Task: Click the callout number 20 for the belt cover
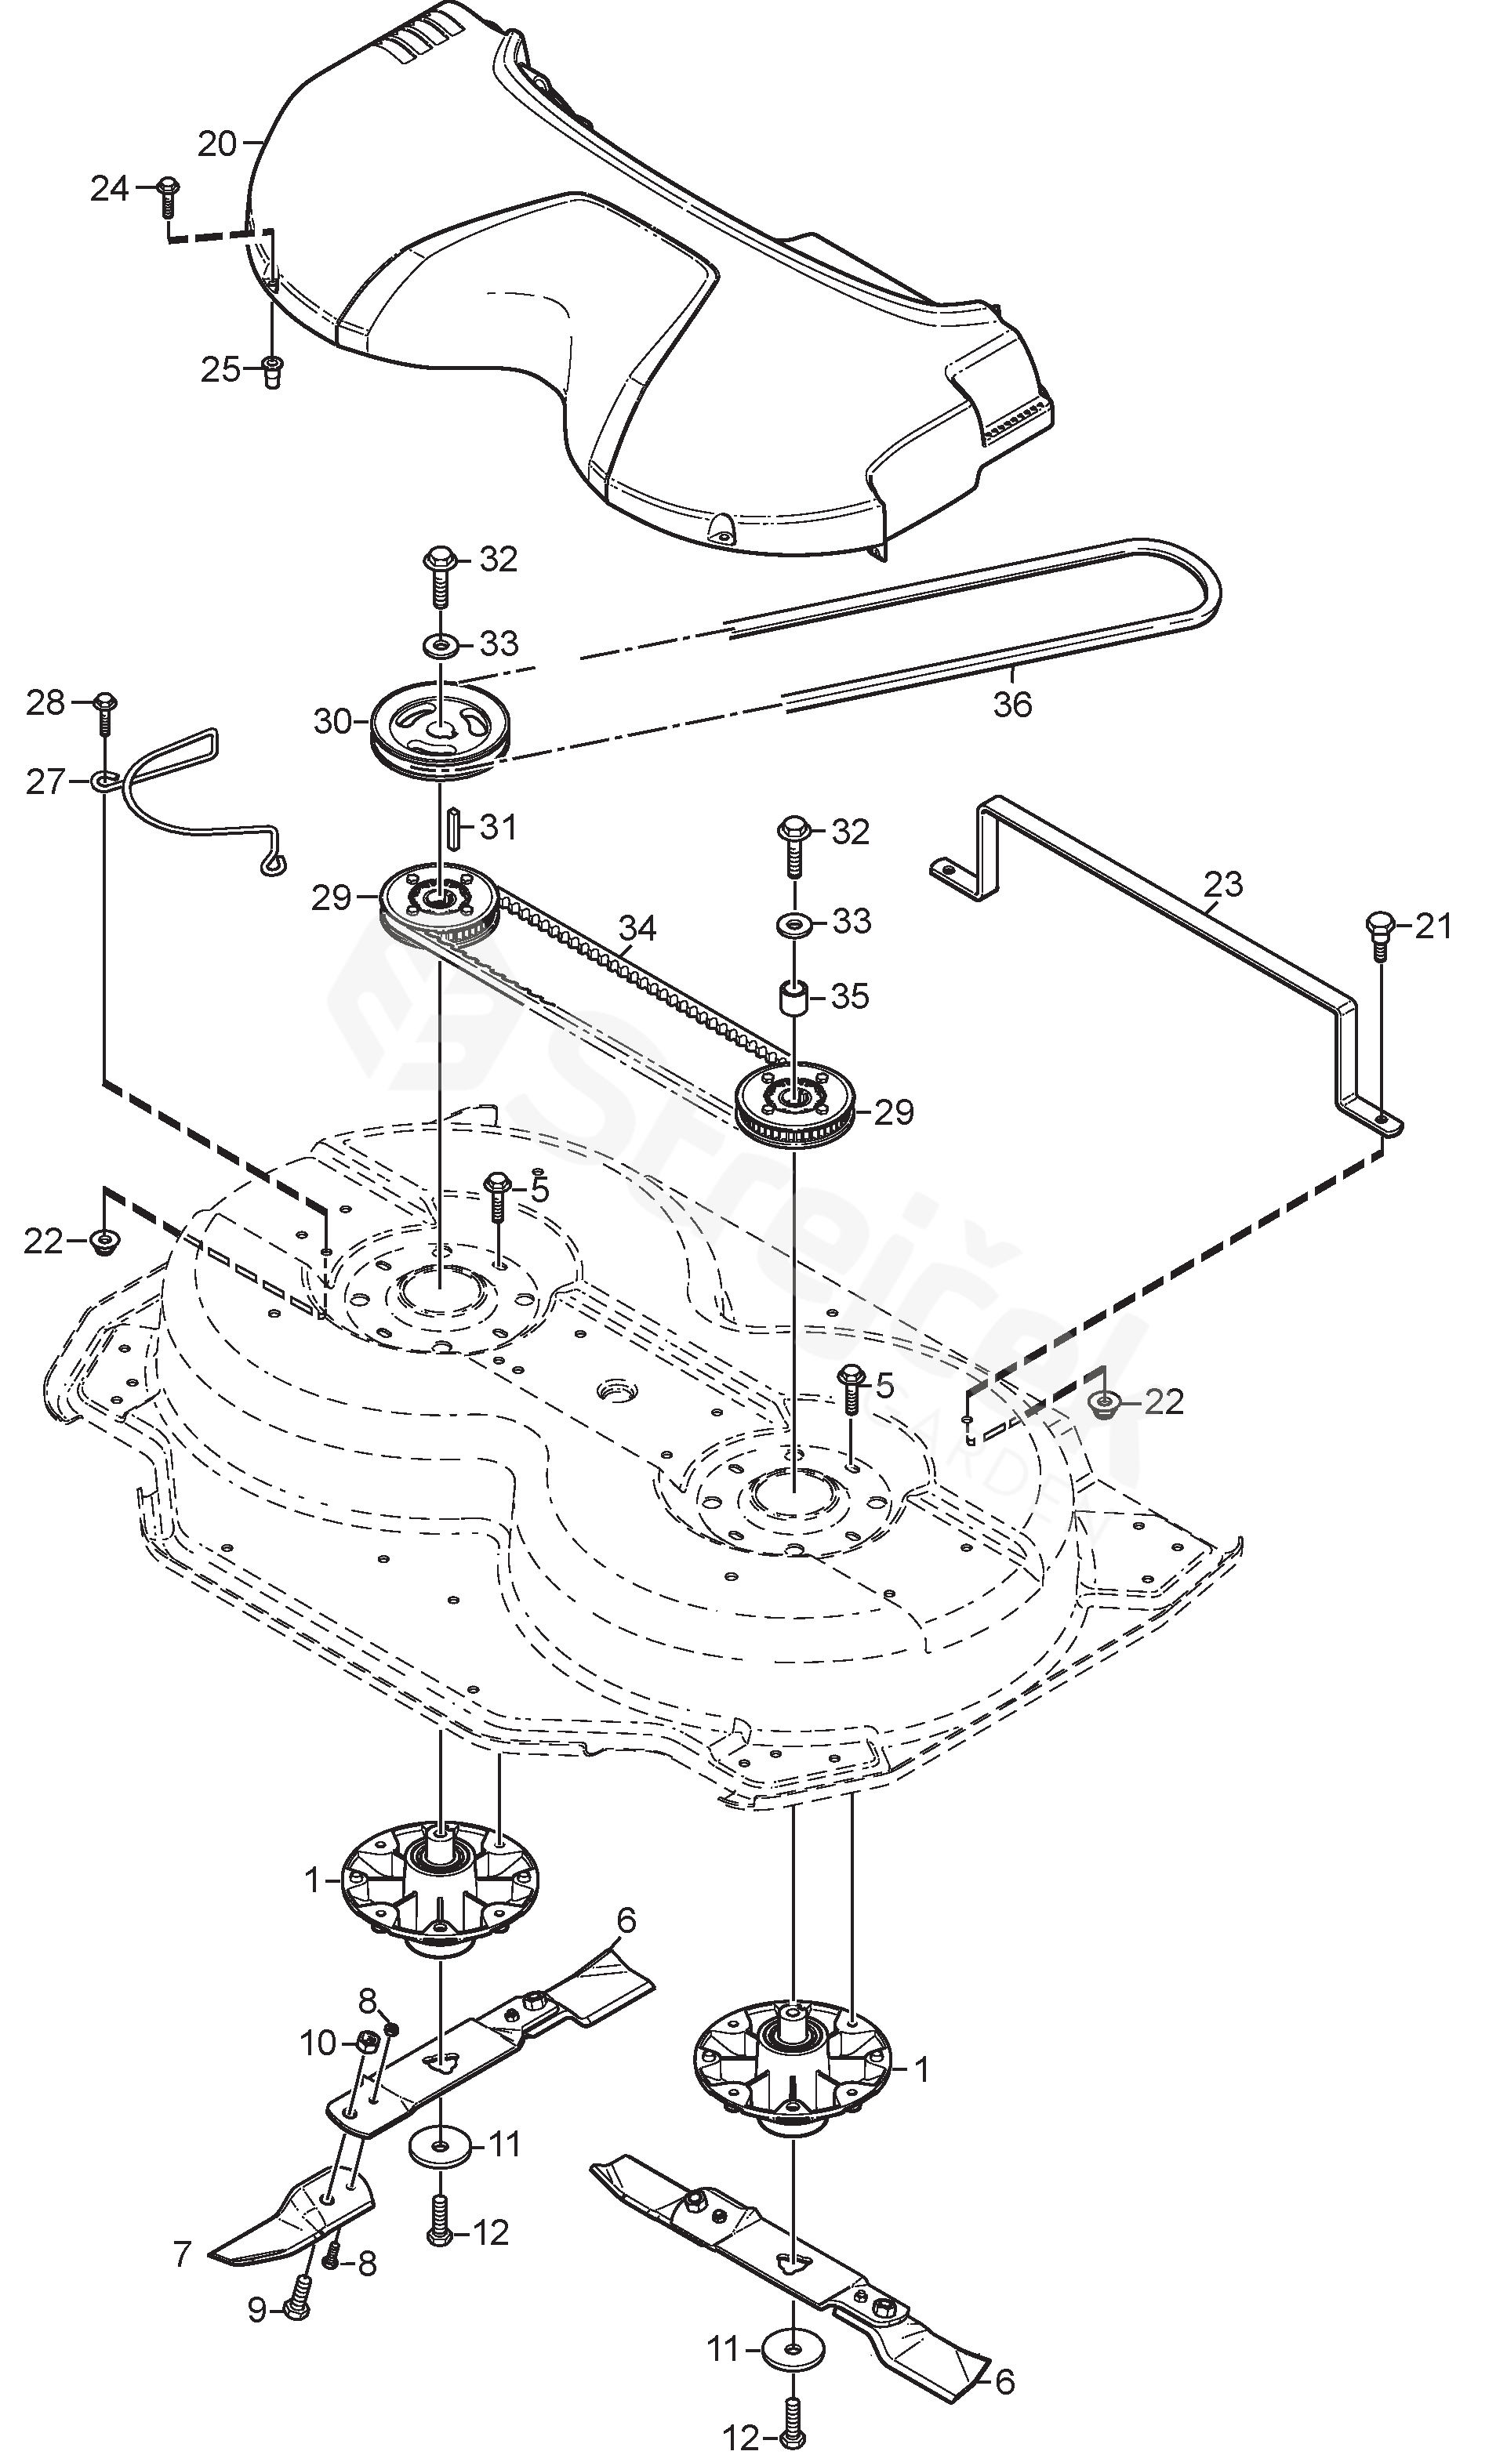click(x=217, y=144)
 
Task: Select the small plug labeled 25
click(x=271, y=372)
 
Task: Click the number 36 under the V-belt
click(x=1011, y=705)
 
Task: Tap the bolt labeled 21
click(x=1379, y=935)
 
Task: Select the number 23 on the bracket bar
click(x=1223, y=884)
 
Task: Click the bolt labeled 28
click(x=104, y=712)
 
